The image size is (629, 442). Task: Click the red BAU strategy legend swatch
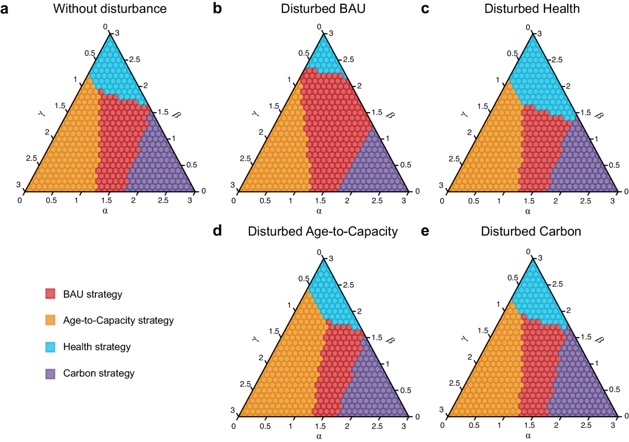coord(51,294)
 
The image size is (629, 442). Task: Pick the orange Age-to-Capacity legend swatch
coord(51,320)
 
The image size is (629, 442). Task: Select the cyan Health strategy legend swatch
coord(51,347)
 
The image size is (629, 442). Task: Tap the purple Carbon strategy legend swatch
coord(51,373)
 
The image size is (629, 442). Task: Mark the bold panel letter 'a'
coord(5,9)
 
